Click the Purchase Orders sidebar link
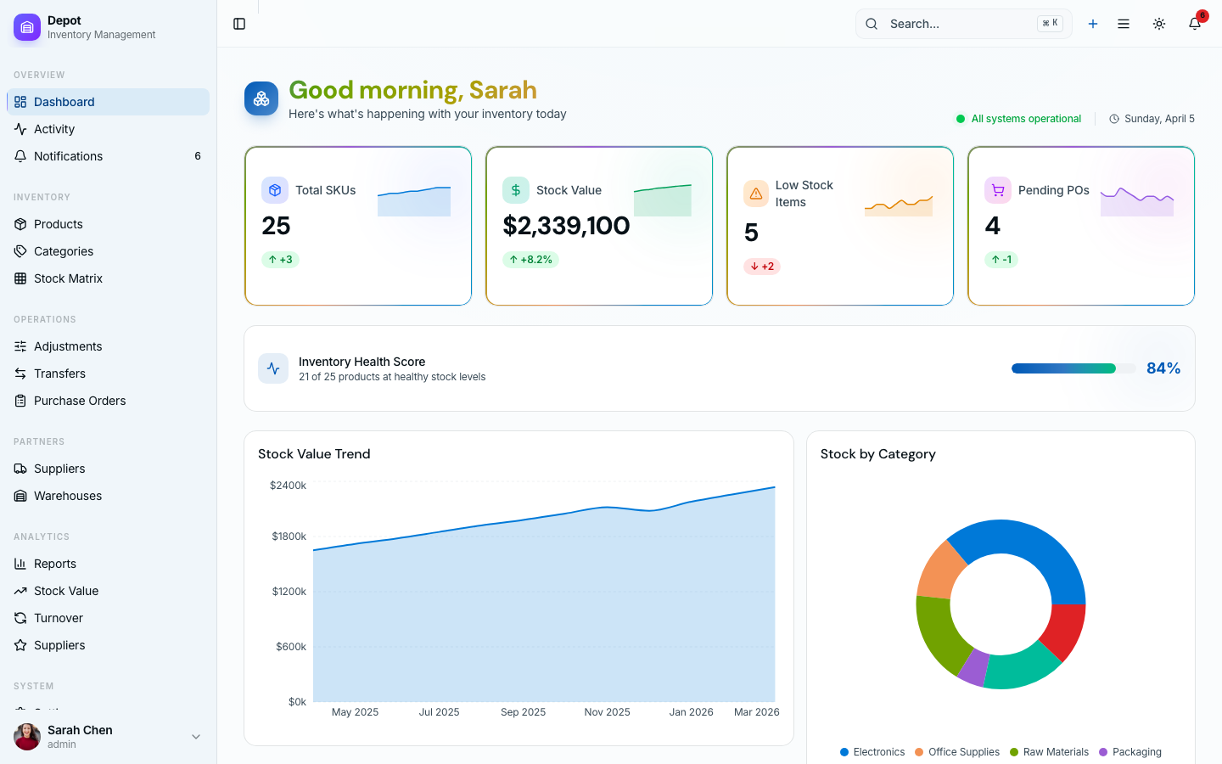[80, 401]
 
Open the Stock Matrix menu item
[68, 278]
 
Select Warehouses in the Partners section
[68, 496]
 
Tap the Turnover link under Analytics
[59, 618]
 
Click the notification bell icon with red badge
[1195, 24]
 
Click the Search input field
[959, 24]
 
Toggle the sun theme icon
[1159, 24]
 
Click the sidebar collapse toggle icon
[239, 24]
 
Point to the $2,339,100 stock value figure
[566, 226]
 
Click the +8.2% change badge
[530, 260]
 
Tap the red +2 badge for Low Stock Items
[762, 267]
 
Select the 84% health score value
[1163, 368]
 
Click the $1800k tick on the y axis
[289, 536]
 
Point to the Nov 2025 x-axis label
[607, 712]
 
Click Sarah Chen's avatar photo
[27, 737]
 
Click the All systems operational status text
[1026, 119]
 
